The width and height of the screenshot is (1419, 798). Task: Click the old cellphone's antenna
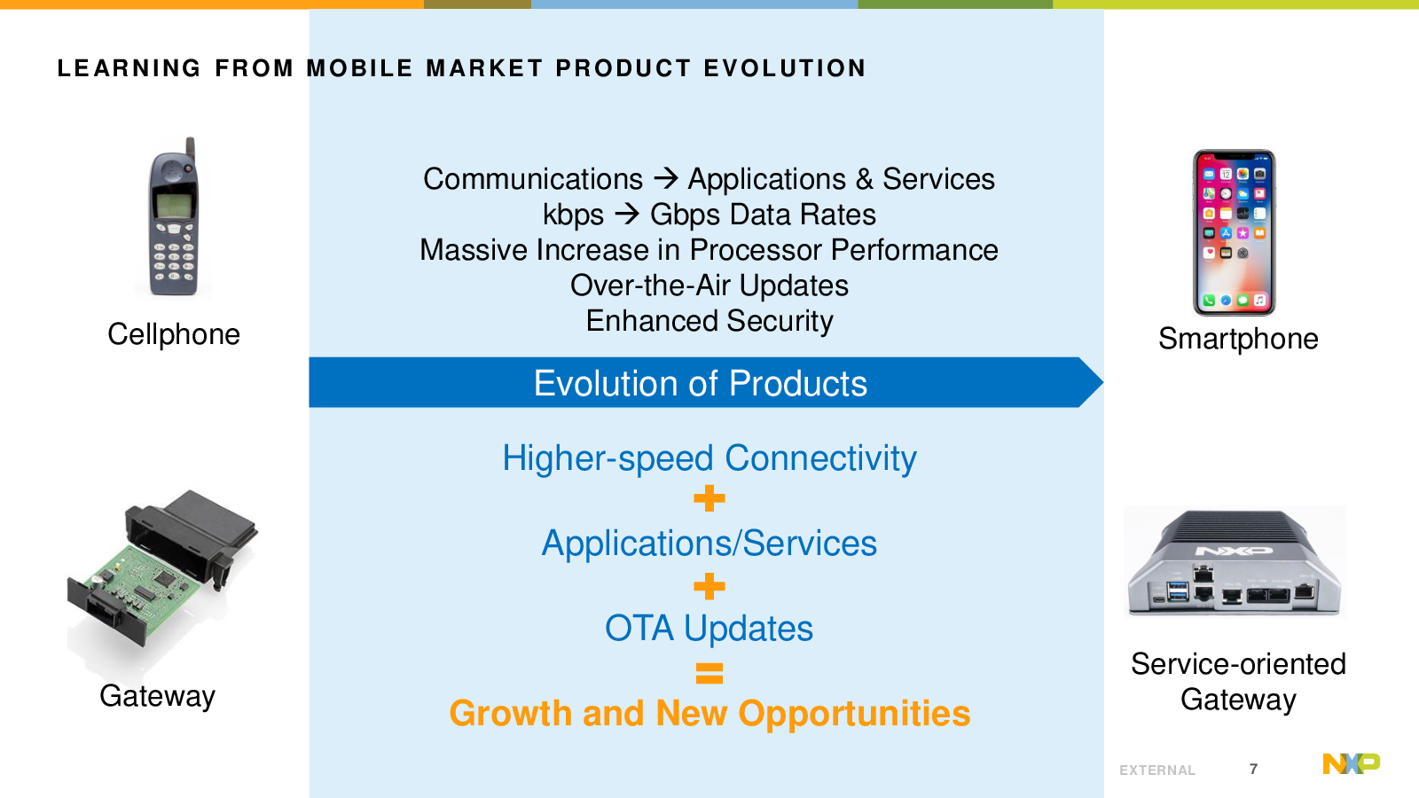(x=190, y=150)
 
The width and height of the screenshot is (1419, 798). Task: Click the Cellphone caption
(x=174, y=334)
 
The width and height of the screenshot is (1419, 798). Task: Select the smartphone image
(x=1234, y=232)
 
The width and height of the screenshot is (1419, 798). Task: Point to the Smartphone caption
(x=1238, y=339)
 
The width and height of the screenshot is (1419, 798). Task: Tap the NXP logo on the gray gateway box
(x=1234, y=551)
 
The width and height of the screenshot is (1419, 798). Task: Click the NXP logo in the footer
(x=1352, y=763)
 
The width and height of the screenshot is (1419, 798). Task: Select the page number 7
(x=1253, y=769)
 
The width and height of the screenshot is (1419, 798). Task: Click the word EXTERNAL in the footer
(x=1157, y=771)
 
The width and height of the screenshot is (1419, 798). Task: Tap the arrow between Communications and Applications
(x=666, y=178)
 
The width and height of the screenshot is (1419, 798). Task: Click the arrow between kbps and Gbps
(x=627, y=214)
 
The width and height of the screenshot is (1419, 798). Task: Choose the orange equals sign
(x=709, y=673)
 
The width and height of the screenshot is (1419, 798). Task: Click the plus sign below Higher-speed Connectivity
(x=709, y=498)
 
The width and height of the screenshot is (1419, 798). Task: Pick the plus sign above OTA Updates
(x=709, y=586)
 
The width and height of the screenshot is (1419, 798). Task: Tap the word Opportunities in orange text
(x=854, y=715)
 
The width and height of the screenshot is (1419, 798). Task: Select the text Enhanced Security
(x=709, y=321)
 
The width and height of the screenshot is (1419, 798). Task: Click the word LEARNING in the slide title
(x=129, y=67)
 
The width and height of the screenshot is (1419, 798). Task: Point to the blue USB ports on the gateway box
(x=1178, y=591)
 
